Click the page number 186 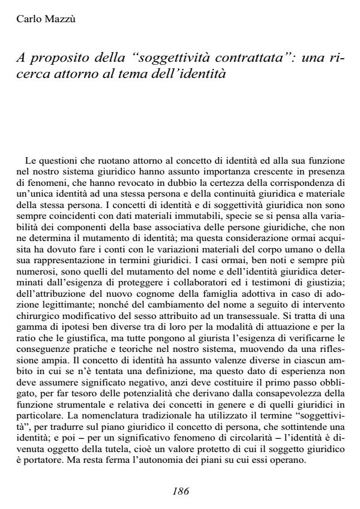click(x=180, y=490)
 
